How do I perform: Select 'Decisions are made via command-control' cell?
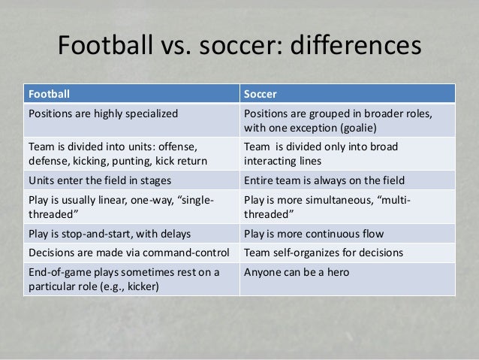coord(130,252)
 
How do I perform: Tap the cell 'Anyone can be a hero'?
coord(295,272)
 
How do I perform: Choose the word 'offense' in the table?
coord(173,147)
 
